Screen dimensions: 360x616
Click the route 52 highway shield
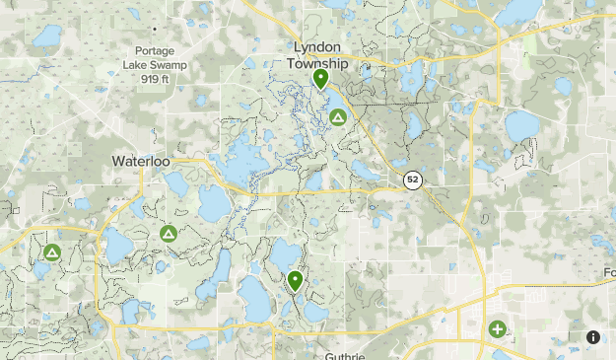tap(412, 180)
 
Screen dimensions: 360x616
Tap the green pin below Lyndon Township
tap(320, 78)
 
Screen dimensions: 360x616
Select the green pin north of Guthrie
tap(295, 280)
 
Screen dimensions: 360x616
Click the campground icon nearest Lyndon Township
tap(337, 118)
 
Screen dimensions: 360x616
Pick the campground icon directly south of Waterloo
tap(168, 234)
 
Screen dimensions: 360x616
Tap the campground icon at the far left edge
tap(51, 253)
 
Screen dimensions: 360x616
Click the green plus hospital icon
tap(497, 329)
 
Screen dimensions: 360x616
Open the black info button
tap(593, 337)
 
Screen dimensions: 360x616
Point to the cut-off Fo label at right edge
tap(608, 272)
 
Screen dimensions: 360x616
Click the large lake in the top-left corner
tap(46, 37)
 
